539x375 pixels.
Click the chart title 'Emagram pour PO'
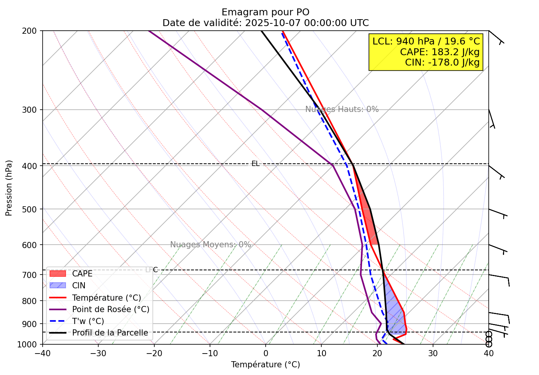[265, 12]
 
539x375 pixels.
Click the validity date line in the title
[265, 23]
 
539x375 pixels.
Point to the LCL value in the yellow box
[426, 41]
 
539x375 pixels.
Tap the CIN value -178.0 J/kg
[442, 62]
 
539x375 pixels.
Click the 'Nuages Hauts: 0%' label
[342, 109]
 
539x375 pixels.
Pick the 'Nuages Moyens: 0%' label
[210, 245]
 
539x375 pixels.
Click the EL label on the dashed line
[255, 164]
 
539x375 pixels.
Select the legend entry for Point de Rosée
[111, 309]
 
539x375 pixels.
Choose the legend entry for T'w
[88, 321]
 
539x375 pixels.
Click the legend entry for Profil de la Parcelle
[110, 333]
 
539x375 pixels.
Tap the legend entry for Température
[106, 298]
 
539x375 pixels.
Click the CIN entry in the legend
[79, 286]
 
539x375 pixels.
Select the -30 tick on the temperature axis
[98, 352]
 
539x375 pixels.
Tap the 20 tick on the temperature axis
[377, 352]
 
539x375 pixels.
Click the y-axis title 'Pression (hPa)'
[9, 188]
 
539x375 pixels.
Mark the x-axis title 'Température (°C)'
[265, 365]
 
